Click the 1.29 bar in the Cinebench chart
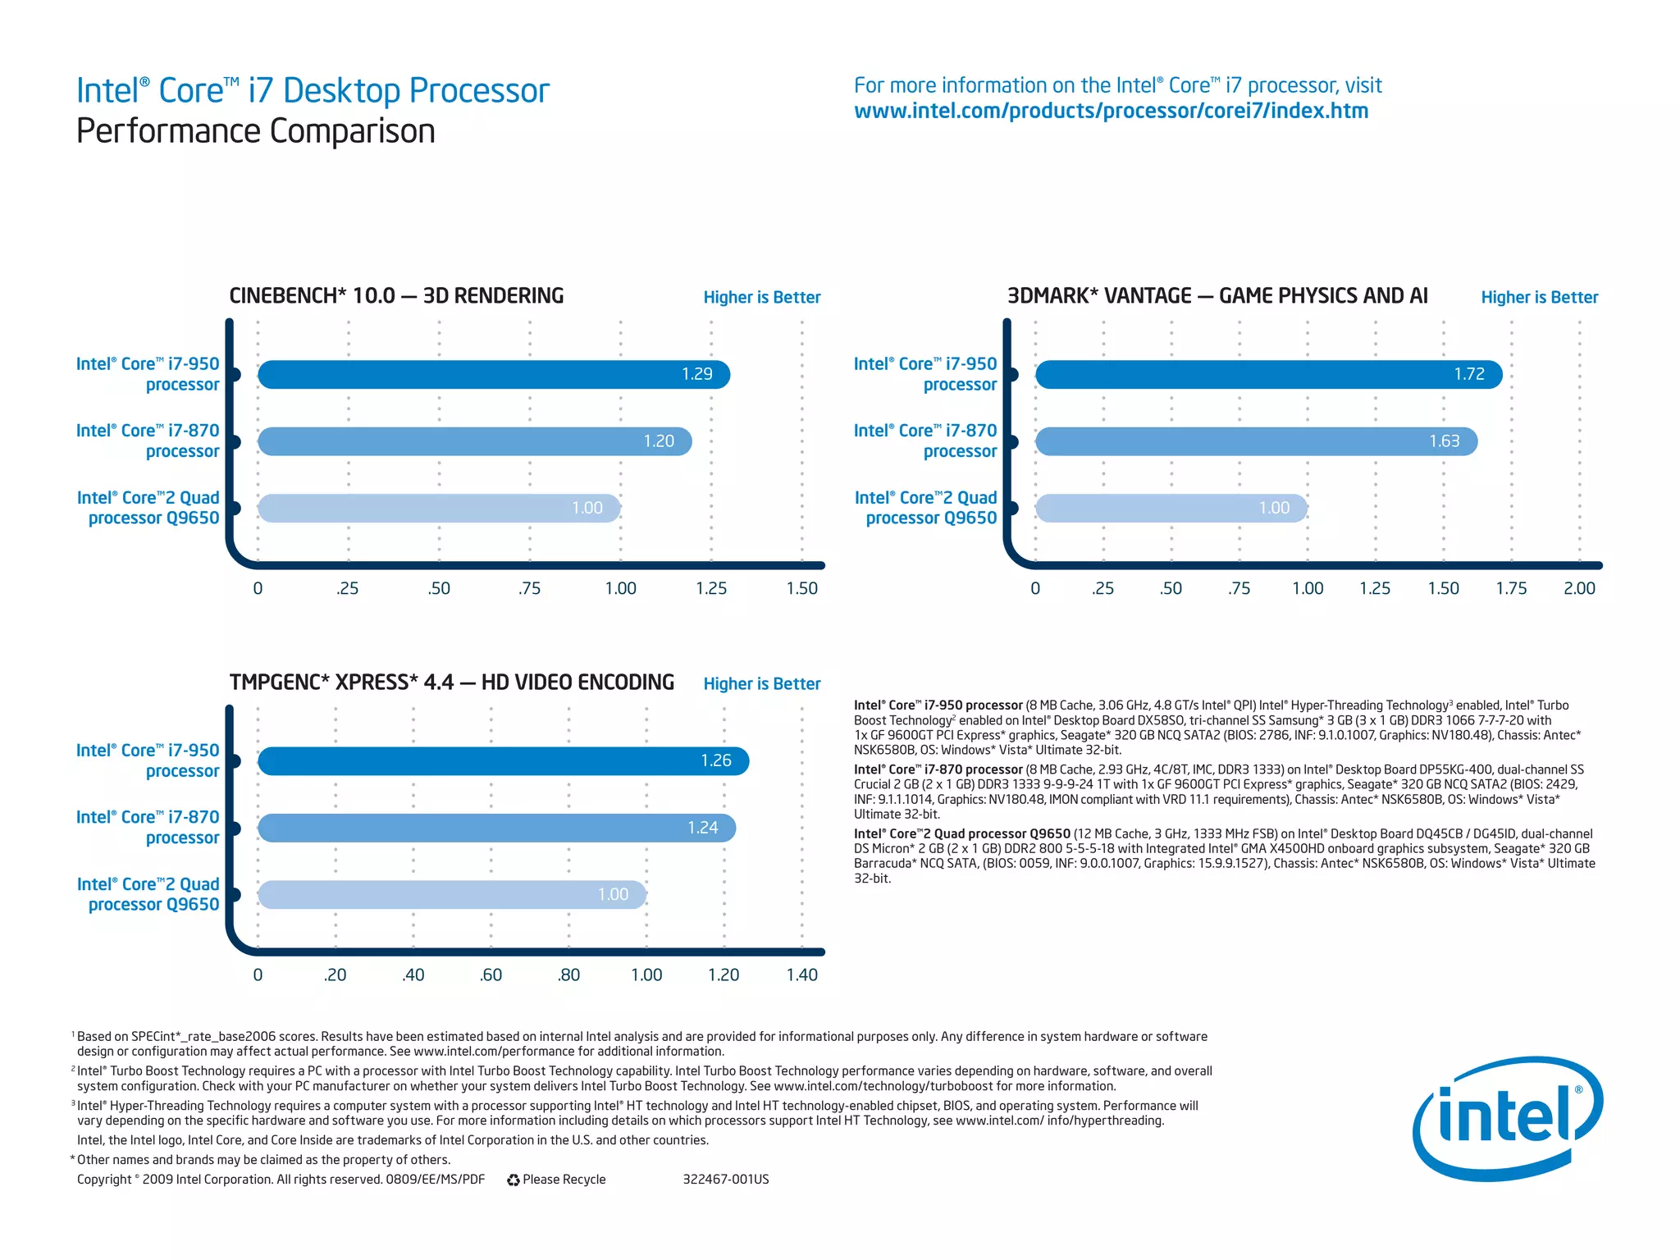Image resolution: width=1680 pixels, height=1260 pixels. [x=492, y=374]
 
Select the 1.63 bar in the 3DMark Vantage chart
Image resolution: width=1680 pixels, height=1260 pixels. [x=1255, y=441]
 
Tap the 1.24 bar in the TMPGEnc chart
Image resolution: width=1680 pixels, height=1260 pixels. [x=496, y=828]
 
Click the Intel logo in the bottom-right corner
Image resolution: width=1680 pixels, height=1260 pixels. [x=1507, y=1119]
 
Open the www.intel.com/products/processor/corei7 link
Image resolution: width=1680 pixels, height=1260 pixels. [x=1111, y=111]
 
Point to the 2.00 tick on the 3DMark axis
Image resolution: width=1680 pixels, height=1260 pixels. [x=1578, y=588]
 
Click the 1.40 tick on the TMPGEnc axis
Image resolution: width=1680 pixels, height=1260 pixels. [x=801, y=975]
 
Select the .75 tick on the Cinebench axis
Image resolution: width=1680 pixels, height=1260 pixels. [x=529, y=588]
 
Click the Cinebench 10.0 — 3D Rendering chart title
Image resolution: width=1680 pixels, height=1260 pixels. [x=396, y=296]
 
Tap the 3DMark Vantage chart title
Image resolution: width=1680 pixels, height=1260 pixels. [x=1217, y=296]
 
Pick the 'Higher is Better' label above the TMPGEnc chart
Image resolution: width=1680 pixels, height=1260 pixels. [x=761, y=683]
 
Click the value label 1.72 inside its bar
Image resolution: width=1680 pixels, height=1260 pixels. [x=1468, y=374]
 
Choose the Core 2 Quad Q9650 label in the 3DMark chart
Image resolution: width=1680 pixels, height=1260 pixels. [x=926, y=508]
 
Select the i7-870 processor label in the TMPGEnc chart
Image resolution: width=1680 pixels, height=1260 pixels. [x=148, y=827]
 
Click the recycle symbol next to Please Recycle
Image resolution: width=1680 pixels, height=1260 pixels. [x=514, y=1180]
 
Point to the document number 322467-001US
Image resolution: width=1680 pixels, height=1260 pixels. [x=725, y=1180]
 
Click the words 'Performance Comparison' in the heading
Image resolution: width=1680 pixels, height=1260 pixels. [x=255, y=131]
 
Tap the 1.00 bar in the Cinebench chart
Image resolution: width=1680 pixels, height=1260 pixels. [x=439, y=508]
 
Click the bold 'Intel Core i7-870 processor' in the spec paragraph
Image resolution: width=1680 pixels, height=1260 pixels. [x=938, y=769]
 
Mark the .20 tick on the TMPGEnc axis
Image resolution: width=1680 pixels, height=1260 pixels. [x=335, y=975]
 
